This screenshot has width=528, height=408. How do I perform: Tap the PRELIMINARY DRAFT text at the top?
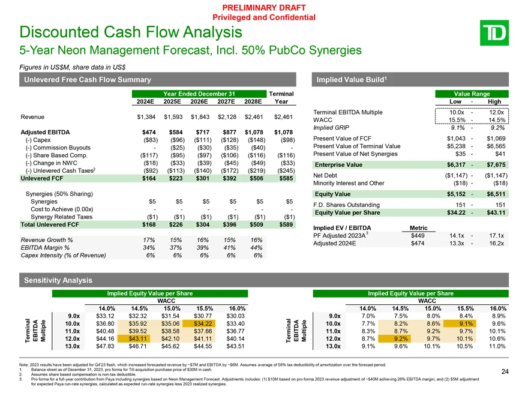[264, 7]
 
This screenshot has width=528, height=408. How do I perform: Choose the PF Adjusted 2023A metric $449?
[416, 235]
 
